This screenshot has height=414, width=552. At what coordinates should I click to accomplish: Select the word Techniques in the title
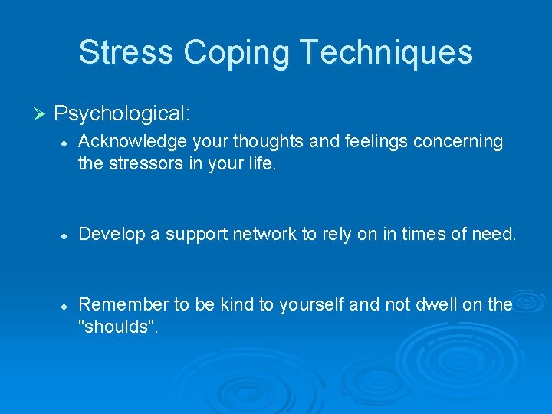pos(386,53)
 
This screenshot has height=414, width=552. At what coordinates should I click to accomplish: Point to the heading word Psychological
pos(122,114)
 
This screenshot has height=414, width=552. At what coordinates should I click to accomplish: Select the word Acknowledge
pos(127,142)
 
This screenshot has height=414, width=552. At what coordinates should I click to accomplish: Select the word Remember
pos(123,304)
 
